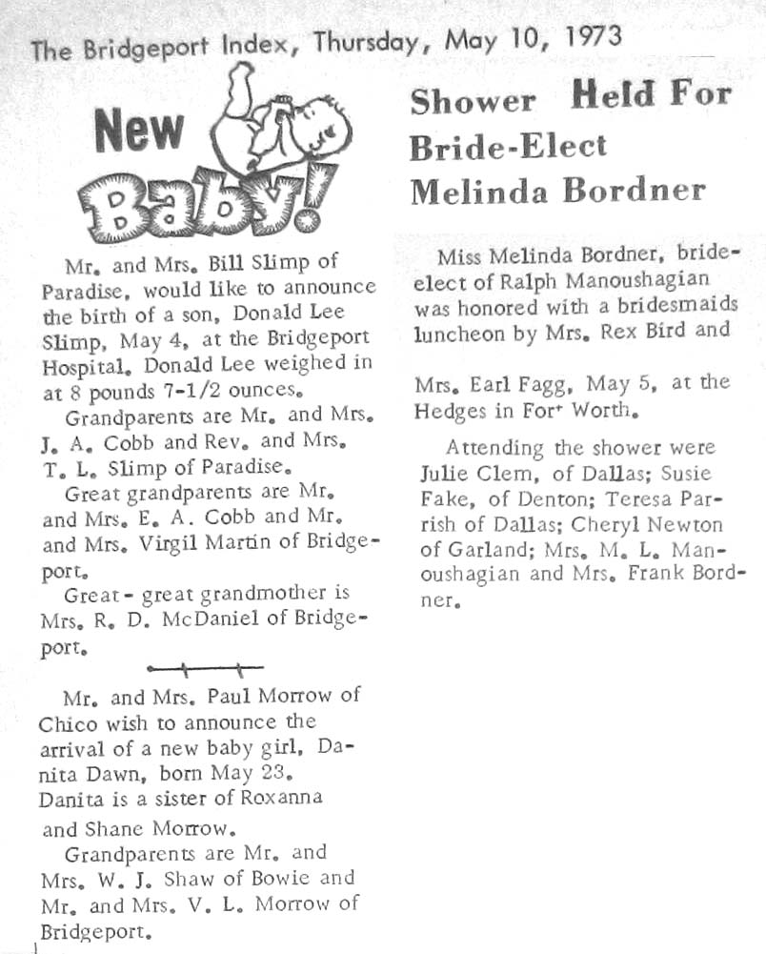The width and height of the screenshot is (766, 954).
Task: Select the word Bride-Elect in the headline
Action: click(x=508, y=146)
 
